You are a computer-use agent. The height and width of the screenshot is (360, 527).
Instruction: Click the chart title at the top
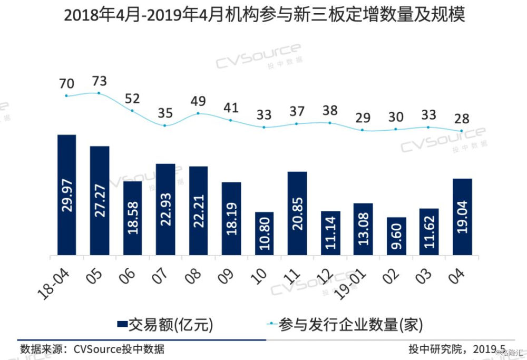click(263, 15)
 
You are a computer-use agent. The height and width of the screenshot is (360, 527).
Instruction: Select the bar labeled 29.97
click(67, 195)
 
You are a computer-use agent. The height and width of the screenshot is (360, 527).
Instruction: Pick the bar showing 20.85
click(297, 213)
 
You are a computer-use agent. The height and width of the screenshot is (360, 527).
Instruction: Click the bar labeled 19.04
click(462, 217)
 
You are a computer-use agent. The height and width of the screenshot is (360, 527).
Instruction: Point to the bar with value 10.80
click(265, 233)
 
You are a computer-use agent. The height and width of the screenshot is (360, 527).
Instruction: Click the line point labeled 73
click(99, 93)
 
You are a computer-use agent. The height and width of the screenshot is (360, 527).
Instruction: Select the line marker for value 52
click(132, 111)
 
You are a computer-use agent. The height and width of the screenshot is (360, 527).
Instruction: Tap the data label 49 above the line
click(198, 101)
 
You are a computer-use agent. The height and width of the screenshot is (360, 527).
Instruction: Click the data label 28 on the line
click(462, 118)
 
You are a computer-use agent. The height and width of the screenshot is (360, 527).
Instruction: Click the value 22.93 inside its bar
click(165, 209)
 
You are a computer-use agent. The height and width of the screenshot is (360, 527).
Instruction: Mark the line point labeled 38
click(330, 123)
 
